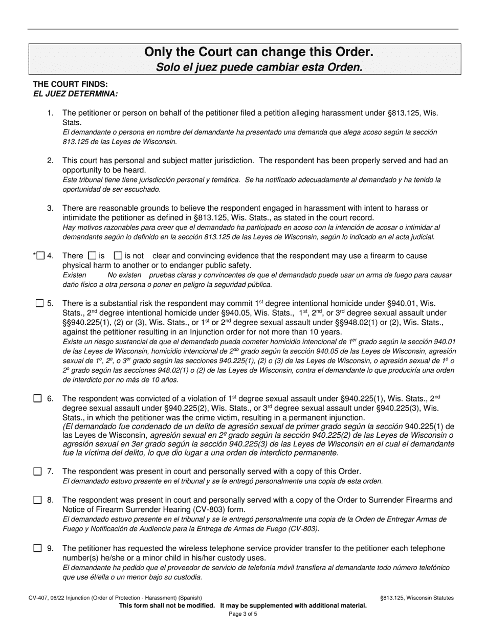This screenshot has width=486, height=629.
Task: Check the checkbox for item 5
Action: point(39,303)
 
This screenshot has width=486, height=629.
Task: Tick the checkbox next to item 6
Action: point(37,398)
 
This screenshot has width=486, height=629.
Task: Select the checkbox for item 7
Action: point(37,471)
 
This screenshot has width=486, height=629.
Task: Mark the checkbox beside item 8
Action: point(37,500)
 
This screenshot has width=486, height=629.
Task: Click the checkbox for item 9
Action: point(37,548)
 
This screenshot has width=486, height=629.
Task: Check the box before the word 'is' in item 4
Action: point(92,255)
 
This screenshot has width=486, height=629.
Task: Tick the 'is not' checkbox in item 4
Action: point(118,255)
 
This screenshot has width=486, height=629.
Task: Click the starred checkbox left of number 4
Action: point(41,256)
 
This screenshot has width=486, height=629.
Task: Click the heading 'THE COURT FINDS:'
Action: point(70,84)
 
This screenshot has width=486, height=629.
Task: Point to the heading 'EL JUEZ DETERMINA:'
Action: point(75,94)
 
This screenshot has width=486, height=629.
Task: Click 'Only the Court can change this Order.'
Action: point(258,52)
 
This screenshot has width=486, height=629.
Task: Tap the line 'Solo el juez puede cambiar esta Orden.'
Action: point(258,67)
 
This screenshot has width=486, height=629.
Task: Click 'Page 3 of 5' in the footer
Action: point(243,614)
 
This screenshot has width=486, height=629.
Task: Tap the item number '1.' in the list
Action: point(50,113)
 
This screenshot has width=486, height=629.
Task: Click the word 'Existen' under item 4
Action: point(74,275)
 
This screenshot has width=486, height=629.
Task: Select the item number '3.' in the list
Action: point(50,208)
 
